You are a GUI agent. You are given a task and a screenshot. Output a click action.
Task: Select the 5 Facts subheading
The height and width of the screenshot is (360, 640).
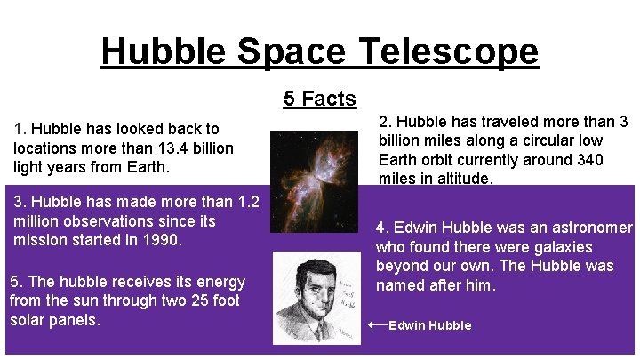pyautogui.click(x=320, y=99)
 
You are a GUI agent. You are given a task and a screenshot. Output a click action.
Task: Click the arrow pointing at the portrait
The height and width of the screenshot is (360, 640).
pyautogui.click(x=377, y=324)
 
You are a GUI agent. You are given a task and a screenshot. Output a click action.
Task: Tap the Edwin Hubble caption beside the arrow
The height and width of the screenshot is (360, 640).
pyautogui.click(x=430, y=325)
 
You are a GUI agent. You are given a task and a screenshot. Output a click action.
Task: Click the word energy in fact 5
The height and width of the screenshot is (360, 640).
pyautogui.click(x=221, y=282)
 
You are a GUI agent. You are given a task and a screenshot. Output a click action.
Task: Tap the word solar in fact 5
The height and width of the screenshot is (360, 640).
pyautogui.click(x=30, y=320)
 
